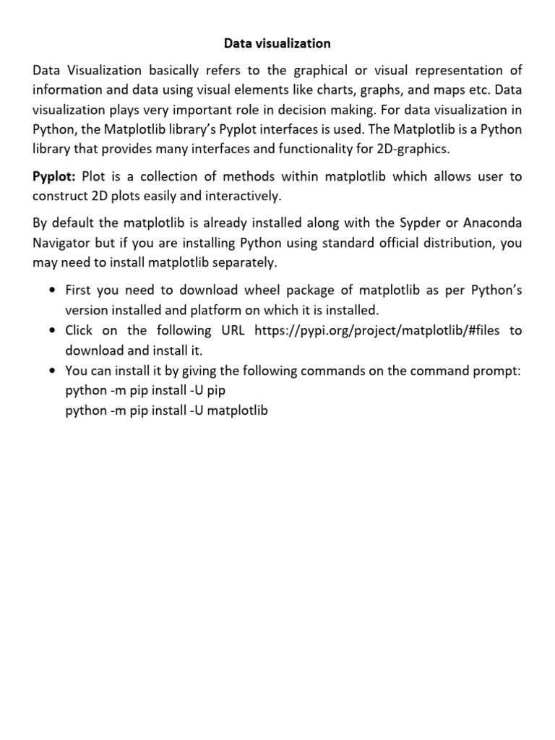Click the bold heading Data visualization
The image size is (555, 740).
(277, 44)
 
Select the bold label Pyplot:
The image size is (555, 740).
(55, 177)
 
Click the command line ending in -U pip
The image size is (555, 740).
(150, 391)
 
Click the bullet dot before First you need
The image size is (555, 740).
(52, 291)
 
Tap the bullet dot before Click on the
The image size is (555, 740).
(52, 331)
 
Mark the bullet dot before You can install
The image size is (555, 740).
(52, 371)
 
